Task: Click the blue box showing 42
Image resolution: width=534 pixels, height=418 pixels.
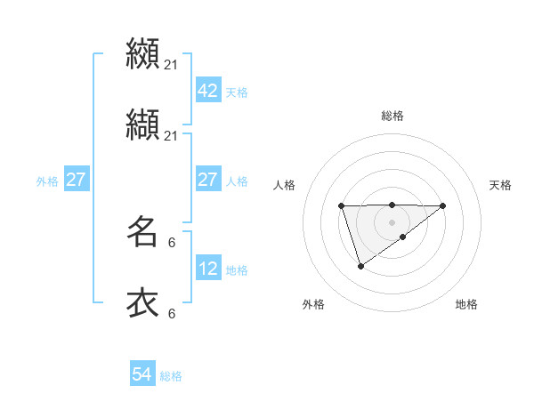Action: point(207,92)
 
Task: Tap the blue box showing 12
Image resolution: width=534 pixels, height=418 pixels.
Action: point(207,269)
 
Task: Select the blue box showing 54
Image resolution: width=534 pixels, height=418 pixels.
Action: point(142,375)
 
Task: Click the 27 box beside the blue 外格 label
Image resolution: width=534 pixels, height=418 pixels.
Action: point(76,181)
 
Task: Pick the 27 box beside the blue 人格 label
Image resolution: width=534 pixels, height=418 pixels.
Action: point(207,181)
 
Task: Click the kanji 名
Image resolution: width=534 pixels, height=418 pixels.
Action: point(142,233)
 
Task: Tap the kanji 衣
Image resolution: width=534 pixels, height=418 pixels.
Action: point(142,303)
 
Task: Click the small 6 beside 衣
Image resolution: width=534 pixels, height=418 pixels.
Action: point(171,313)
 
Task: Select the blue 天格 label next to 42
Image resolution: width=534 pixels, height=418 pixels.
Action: point(237,92)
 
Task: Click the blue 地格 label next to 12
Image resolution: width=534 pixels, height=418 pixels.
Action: point(237,270)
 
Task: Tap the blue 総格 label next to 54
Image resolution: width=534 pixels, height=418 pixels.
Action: point(171,376)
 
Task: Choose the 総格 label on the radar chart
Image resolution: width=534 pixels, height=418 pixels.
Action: point(392,116)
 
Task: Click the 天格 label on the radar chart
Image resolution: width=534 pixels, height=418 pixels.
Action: point(500,185)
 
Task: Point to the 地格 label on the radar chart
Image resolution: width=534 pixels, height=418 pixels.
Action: point(466,304)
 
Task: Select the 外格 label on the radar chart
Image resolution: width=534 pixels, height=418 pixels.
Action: point(313,304)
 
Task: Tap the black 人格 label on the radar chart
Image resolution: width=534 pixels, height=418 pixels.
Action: point(284,185)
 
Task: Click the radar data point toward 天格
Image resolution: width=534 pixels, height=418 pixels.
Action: point(443,205)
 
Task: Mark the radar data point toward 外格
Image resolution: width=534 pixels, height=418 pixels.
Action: point(360,266)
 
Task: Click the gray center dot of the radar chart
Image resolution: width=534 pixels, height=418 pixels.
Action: point(392,221)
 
